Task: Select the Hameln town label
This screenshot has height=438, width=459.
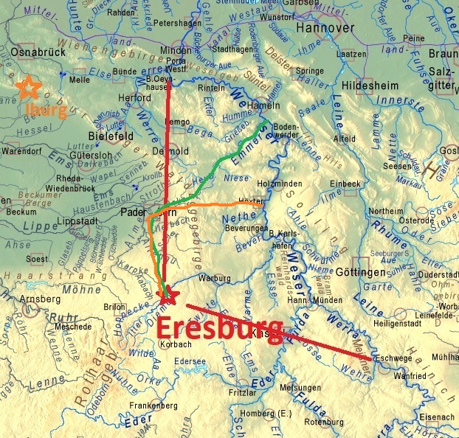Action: pos(255,107)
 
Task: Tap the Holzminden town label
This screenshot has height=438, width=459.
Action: pos(279,183)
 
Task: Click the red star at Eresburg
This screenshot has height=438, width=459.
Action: pos(169,296)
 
